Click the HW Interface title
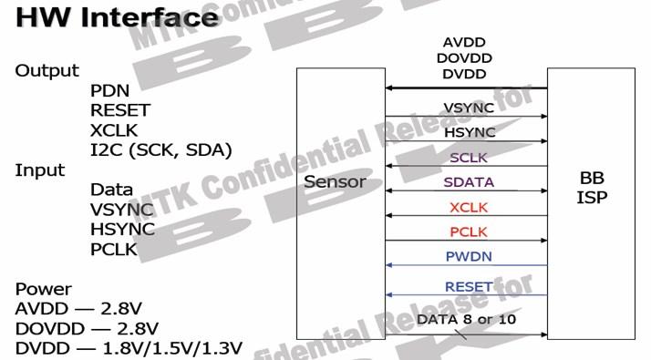pos(117,18)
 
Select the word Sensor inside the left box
pos(335,181)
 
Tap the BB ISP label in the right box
pos(591,187)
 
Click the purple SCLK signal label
pos(469,158)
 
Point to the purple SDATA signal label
pos(469,181)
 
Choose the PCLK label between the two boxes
pos(469,231)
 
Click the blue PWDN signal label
pos(469,257)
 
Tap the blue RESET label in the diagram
pos(469,286)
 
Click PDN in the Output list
pos(109,91)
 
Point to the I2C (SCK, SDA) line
pos(161,149)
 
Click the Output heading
pos(46,71)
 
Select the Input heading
pos(40,170)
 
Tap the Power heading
pos(44,290)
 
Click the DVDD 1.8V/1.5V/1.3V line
pos(129,348)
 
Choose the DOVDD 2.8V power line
pos(87,328)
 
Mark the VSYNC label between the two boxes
pos(469,108)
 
